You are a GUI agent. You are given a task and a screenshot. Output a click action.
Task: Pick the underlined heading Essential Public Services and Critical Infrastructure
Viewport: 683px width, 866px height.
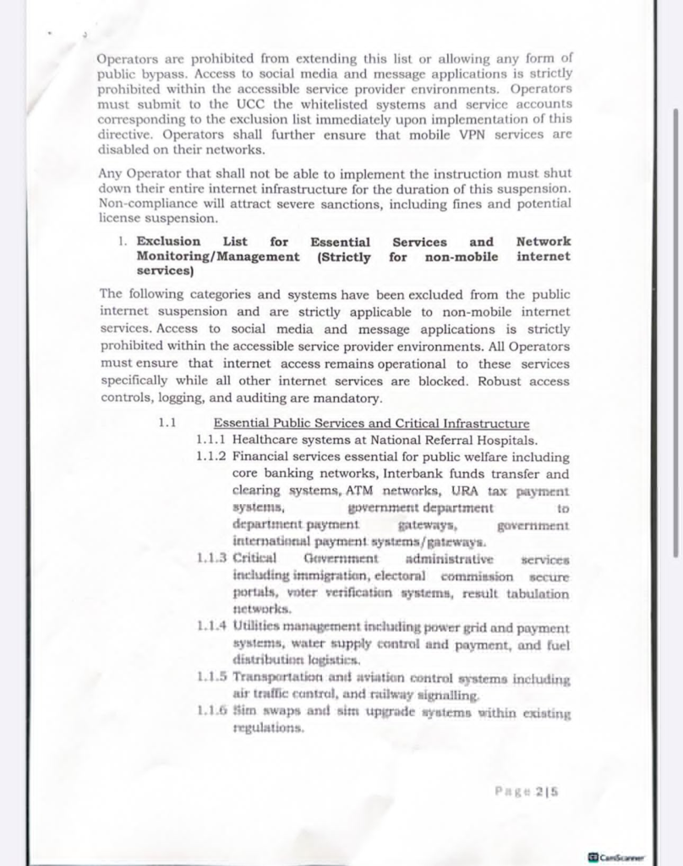[371, 424]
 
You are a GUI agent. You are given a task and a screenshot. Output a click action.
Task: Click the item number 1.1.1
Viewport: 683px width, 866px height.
[210, 440]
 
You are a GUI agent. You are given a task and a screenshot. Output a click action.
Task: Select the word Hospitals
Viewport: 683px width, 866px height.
[505, 440]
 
